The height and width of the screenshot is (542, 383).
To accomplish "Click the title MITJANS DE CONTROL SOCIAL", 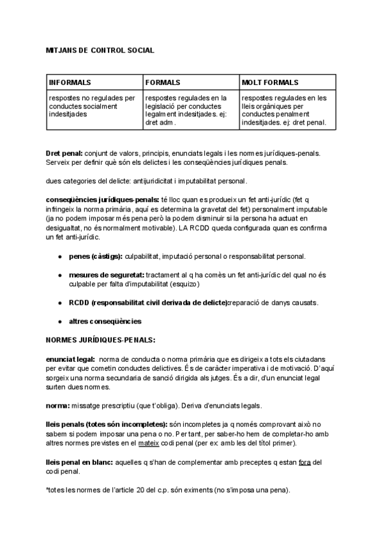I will (100, 49).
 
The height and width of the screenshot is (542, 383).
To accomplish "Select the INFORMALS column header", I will (70, 82).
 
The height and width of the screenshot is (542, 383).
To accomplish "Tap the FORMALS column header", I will (163, 82).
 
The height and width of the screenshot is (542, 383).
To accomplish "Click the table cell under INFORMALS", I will (93, 106).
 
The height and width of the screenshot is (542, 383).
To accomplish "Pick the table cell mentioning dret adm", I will (189, 110).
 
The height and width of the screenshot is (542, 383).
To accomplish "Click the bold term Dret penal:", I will (64, 153).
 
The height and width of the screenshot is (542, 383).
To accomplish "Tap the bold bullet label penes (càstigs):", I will (96, 256).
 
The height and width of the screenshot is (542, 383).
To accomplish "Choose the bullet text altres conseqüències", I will (105, 321).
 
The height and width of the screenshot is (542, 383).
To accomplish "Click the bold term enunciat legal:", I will (70, 360).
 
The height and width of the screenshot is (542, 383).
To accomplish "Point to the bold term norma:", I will (57, 405).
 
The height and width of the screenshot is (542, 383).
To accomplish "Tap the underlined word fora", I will (303, 462).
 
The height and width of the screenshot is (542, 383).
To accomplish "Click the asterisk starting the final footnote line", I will (47, 489).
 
